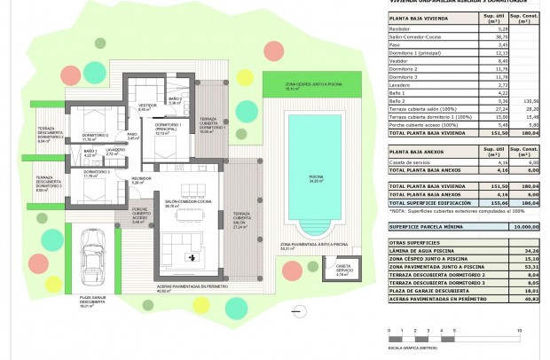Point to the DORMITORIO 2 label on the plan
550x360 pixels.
tap(90, 137)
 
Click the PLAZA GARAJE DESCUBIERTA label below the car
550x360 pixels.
tap(93, 301)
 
